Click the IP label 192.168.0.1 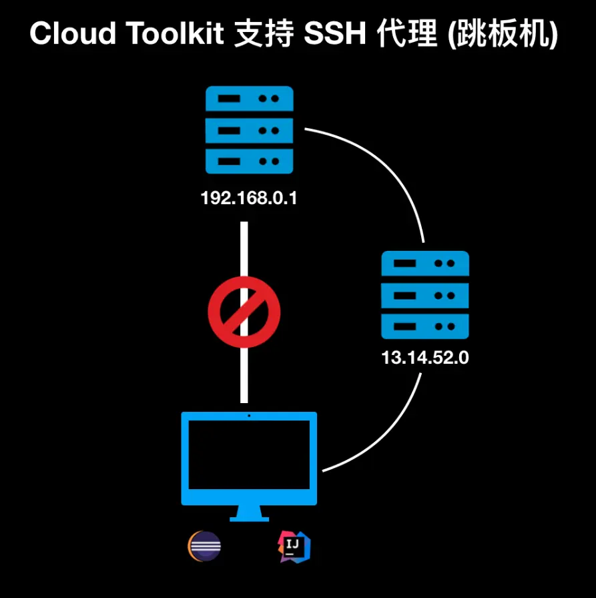[x=248, y=198]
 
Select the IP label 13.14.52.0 [x=425, y=358]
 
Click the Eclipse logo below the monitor [x=204, y=546]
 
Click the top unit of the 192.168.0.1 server [x=249, y=99]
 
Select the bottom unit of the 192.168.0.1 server [x=249, y=162]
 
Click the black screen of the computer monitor [x=249, y=456]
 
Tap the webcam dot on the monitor [x=249, y=416]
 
